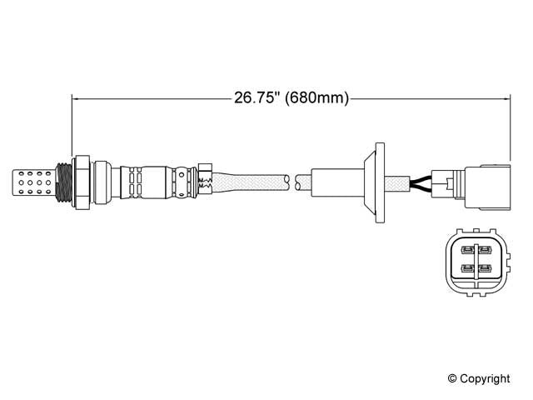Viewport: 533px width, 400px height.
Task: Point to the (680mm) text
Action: (316, 98)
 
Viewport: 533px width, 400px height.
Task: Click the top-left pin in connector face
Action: (466, 249)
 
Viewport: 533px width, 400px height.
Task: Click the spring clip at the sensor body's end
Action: (205, 178)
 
